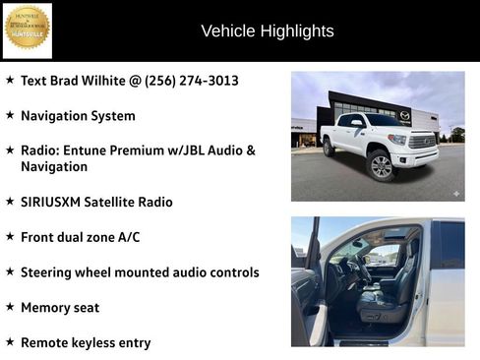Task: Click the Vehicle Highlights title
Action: coord(267,31)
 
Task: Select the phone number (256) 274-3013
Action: coord(191,81)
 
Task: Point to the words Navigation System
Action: coord(78,116)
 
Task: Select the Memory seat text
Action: coord(60,308)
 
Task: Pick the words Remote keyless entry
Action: coord(86,343)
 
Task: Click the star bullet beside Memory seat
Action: coord(10,307)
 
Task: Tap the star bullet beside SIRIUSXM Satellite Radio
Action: coord(10,201)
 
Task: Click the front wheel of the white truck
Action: coord(382,166)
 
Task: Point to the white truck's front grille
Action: coord(423,143)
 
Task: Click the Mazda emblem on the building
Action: coord(404,115)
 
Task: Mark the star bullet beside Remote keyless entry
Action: coord(10,342)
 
